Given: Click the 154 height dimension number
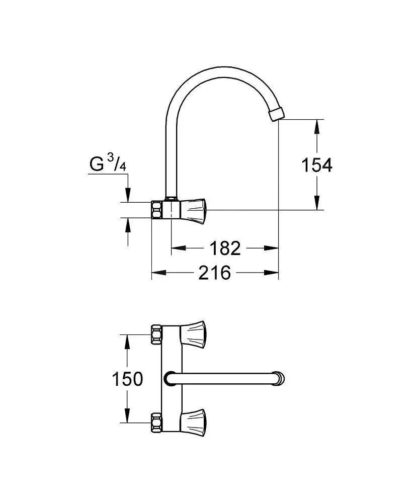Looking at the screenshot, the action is pos(317,165).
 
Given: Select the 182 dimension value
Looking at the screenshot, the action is pos(224,248).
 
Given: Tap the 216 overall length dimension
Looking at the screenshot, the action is pos(215,273).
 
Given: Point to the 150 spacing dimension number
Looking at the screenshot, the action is pos(127,379).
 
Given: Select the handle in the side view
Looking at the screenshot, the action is pos(194,210).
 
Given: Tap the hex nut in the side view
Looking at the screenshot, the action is pos(156,210).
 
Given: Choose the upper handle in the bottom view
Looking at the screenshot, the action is pos(194,334).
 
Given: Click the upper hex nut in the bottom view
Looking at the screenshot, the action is pos(156,334).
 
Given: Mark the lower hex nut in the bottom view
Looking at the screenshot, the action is pos(156,423).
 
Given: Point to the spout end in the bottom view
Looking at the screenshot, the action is pos(279,379).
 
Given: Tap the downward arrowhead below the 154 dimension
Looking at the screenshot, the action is pos(317,203).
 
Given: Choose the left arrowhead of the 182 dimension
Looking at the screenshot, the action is pos(179,248).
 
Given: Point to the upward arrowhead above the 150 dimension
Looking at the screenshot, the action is pos(127,342).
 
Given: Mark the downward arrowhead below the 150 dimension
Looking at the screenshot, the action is pos(127,416).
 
